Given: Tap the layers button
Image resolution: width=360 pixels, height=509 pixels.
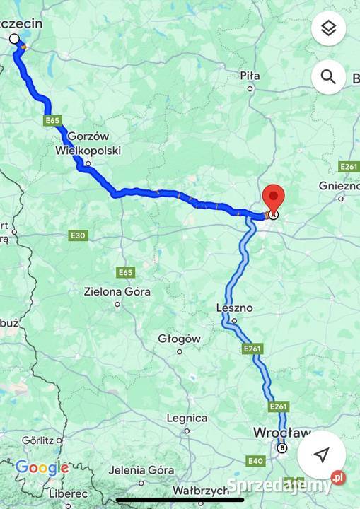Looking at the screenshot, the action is (x=328, y=28).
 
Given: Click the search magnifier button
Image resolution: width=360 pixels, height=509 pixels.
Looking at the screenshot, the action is (x=328, y=77).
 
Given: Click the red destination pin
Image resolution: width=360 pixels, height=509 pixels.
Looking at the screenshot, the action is (x=273, y=197).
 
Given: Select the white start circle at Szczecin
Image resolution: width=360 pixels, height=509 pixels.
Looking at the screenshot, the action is (x=14, y=39).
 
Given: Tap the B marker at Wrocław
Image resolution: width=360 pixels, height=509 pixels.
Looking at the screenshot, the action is (x=282, y=447).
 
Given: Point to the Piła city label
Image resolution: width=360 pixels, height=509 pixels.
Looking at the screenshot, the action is (x=250, y=76).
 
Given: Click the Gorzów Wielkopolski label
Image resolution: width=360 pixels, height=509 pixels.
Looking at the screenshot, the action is (x=88, y=144).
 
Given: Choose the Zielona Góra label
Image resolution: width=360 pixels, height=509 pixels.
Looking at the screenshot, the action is (x=117, y=291).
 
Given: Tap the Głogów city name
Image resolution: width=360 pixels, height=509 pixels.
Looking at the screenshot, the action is (x=179, y=339).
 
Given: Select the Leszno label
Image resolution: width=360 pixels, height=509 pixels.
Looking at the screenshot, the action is (x=235, y=308).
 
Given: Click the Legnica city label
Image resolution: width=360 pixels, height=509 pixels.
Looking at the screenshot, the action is (x=187, y=418).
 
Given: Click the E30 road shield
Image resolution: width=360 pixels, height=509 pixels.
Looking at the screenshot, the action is (x=79, y=235).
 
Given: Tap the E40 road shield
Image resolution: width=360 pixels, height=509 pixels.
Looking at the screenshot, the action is (x=255, y=461).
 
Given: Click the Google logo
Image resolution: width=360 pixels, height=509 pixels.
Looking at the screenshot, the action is (x=42, y=467).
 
